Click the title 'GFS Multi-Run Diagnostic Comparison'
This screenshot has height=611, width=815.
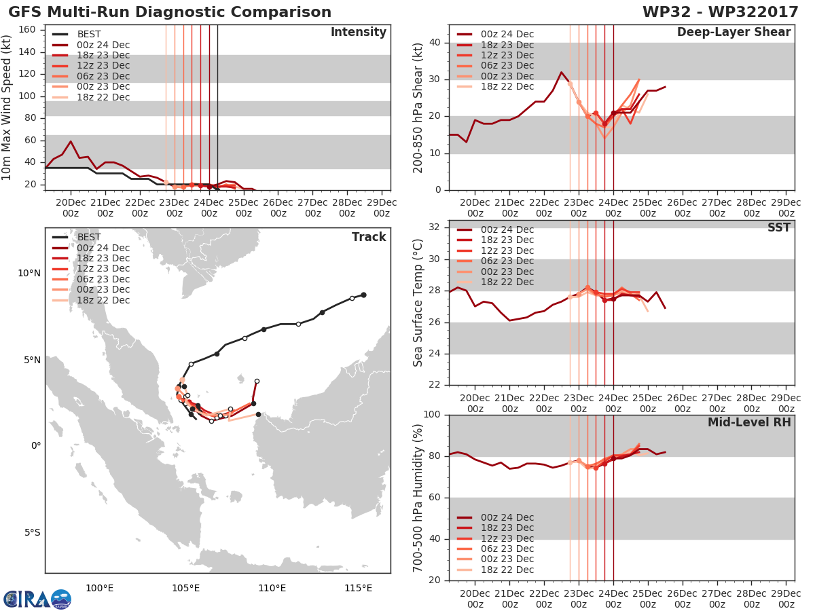(170, 12)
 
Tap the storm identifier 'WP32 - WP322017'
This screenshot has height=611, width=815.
(721, 12)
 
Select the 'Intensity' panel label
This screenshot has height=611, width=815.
(359, 33)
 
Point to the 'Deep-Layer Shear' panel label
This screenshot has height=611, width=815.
(733, 33)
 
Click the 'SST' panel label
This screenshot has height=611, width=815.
(778, 227)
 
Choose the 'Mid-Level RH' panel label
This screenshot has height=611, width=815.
(749, 422)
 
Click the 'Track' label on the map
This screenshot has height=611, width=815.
(369, 237)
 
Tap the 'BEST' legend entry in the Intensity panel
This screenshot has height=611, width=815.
(89, 34)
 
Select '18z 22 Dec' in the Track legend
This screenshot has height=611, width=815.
(103, 300)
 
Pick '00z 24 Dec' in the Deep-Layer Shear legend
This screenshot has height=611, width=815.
(507, 34)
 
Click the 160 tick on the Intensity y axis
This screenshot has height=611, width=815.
(27, 30)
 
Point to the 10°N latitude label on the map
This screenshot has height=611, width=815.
(29, 274)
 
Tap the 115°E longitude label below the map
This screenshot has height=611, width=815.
(358, 588)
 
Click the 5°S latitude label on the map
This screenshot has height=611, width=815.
(33, 533)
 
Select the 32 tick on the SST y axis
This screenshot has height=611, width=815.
(435, 227)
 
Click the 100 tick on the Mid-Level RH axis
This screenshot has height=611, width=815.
(432, 414)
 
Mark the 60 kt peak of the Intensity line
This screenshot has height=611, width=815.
(71, 141)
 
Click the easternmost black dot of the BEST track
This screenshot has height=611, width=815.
(364, 295)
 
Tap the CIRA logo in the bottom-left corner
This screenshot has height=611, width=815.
(37, 599)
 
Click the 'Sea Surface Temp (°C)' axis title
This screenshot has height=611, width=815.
(418, 303)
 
